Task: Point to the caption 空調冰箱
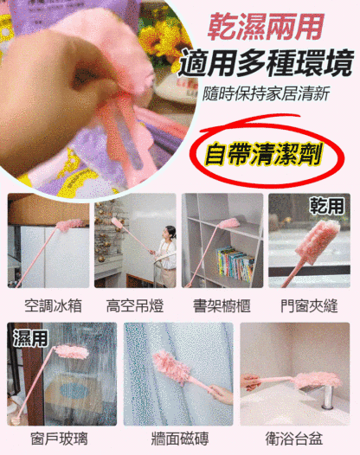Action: coord(48,305)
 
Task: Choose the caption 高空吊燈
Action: coord(135,305)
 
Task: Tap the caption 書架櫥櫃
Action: coord(222,305)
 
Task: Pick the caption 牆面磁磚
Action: coord(179,439)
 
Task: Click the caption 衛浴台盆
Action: coord(296,439)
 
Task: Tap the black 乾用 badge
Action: coord(329,207)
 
